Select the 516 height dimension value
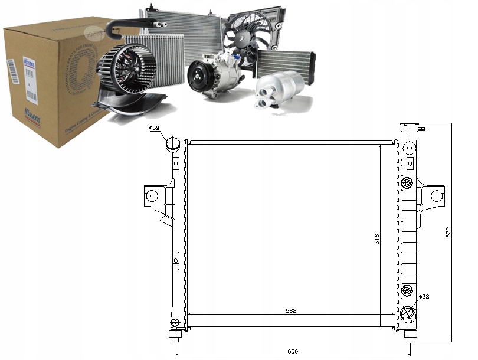pyautogui.click(x=376, y=239)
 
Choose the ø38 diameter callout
pyautogui.click(x=424, y=297)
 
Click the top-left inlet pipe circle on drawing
pyautogui.click(x=173, y=143)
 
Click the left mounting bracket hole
pyautogui.click(x=152, y=195)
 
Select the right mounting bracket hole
pyautogui.click(x=437, y=194)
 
